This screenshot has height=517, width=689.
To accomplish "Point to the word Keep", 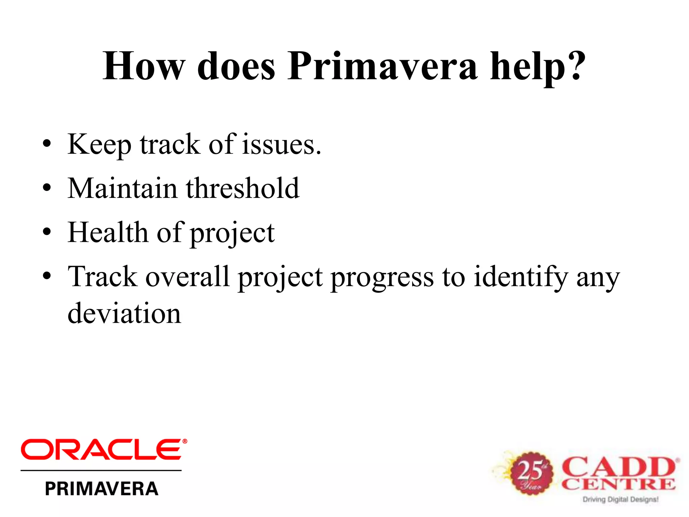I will point(99,145).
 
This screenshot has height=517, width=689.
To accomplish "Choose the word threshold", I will point(242,188).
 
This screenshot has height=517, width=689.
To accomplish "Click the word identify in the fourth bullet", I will point(521,277).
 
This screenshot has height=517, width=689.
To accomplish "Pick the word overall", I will point(187,277).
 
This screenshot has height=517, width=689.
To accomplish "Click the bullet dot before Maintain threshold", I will point(47,187).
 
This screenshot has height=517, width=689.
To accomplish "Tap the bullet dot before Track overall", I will point(47,276).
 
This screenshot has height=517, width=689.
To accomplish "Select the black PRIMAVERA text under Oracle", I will point(101,489).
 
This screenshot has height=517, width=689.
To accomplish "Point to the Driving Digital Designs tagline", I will point(620,499).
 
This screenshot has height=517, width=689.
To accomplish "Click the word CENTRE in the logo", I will point(618,484).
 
